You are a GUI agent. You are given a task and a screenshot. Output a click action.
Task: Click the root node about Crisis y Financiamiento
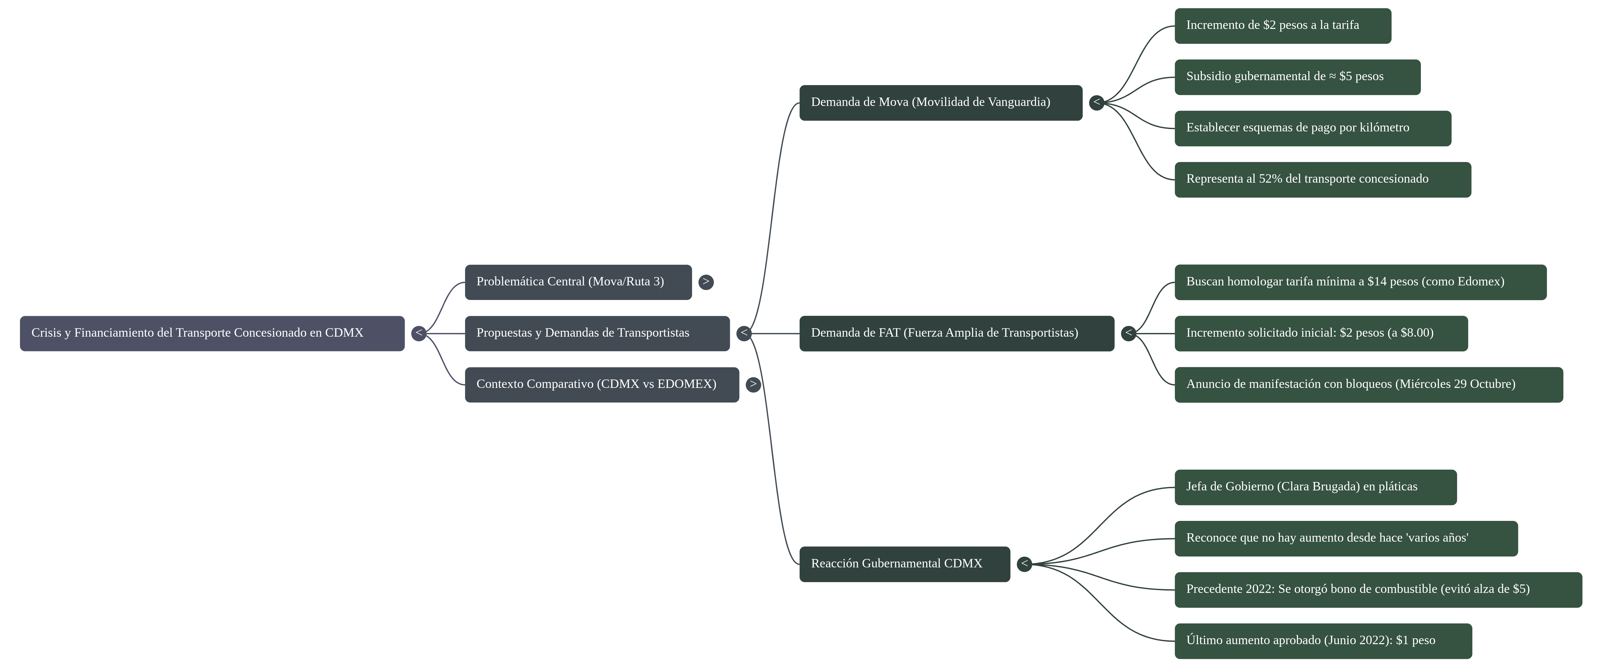(x=212, y=333)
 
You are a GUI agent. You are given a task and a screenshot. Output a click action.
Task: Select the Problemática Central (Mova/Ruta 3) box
(x=578, y=283)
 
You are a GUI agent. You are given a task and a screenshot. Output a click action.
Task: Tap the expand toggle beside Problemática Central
(x=706, y=283)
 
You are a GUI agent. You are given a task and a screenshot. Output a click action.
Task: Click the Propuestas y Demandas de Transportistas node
(x=597, y=333)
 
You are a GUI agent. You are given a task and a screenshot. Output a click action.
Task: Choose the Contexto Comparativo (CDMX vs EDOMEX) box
(x=602, y=384)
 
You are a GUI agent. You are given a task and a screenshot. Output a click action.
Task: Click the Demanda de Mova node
(x=941, y=103)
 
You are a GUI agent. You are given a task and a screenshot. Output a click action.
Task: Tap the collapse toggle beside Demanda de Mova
(x=1097, y=103)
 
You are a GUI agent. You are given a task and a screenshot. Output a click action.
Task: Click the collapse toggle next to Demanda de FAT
(x=1129, y=333)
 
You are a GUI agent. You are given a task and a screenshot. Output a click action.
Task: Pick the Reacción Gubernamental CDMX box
(x=905, y=564)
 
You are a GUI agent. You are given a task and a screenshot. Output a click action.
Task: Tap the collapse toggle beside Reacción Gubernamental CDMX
(x=1024, y=564)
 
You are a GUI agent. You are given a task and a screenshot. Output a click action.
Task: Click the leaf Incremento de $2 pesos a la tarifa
(x=1283, y=26)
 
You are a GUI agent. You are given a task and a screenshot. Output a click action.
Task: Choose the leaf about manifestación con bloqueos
(x=1369, y=384)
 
